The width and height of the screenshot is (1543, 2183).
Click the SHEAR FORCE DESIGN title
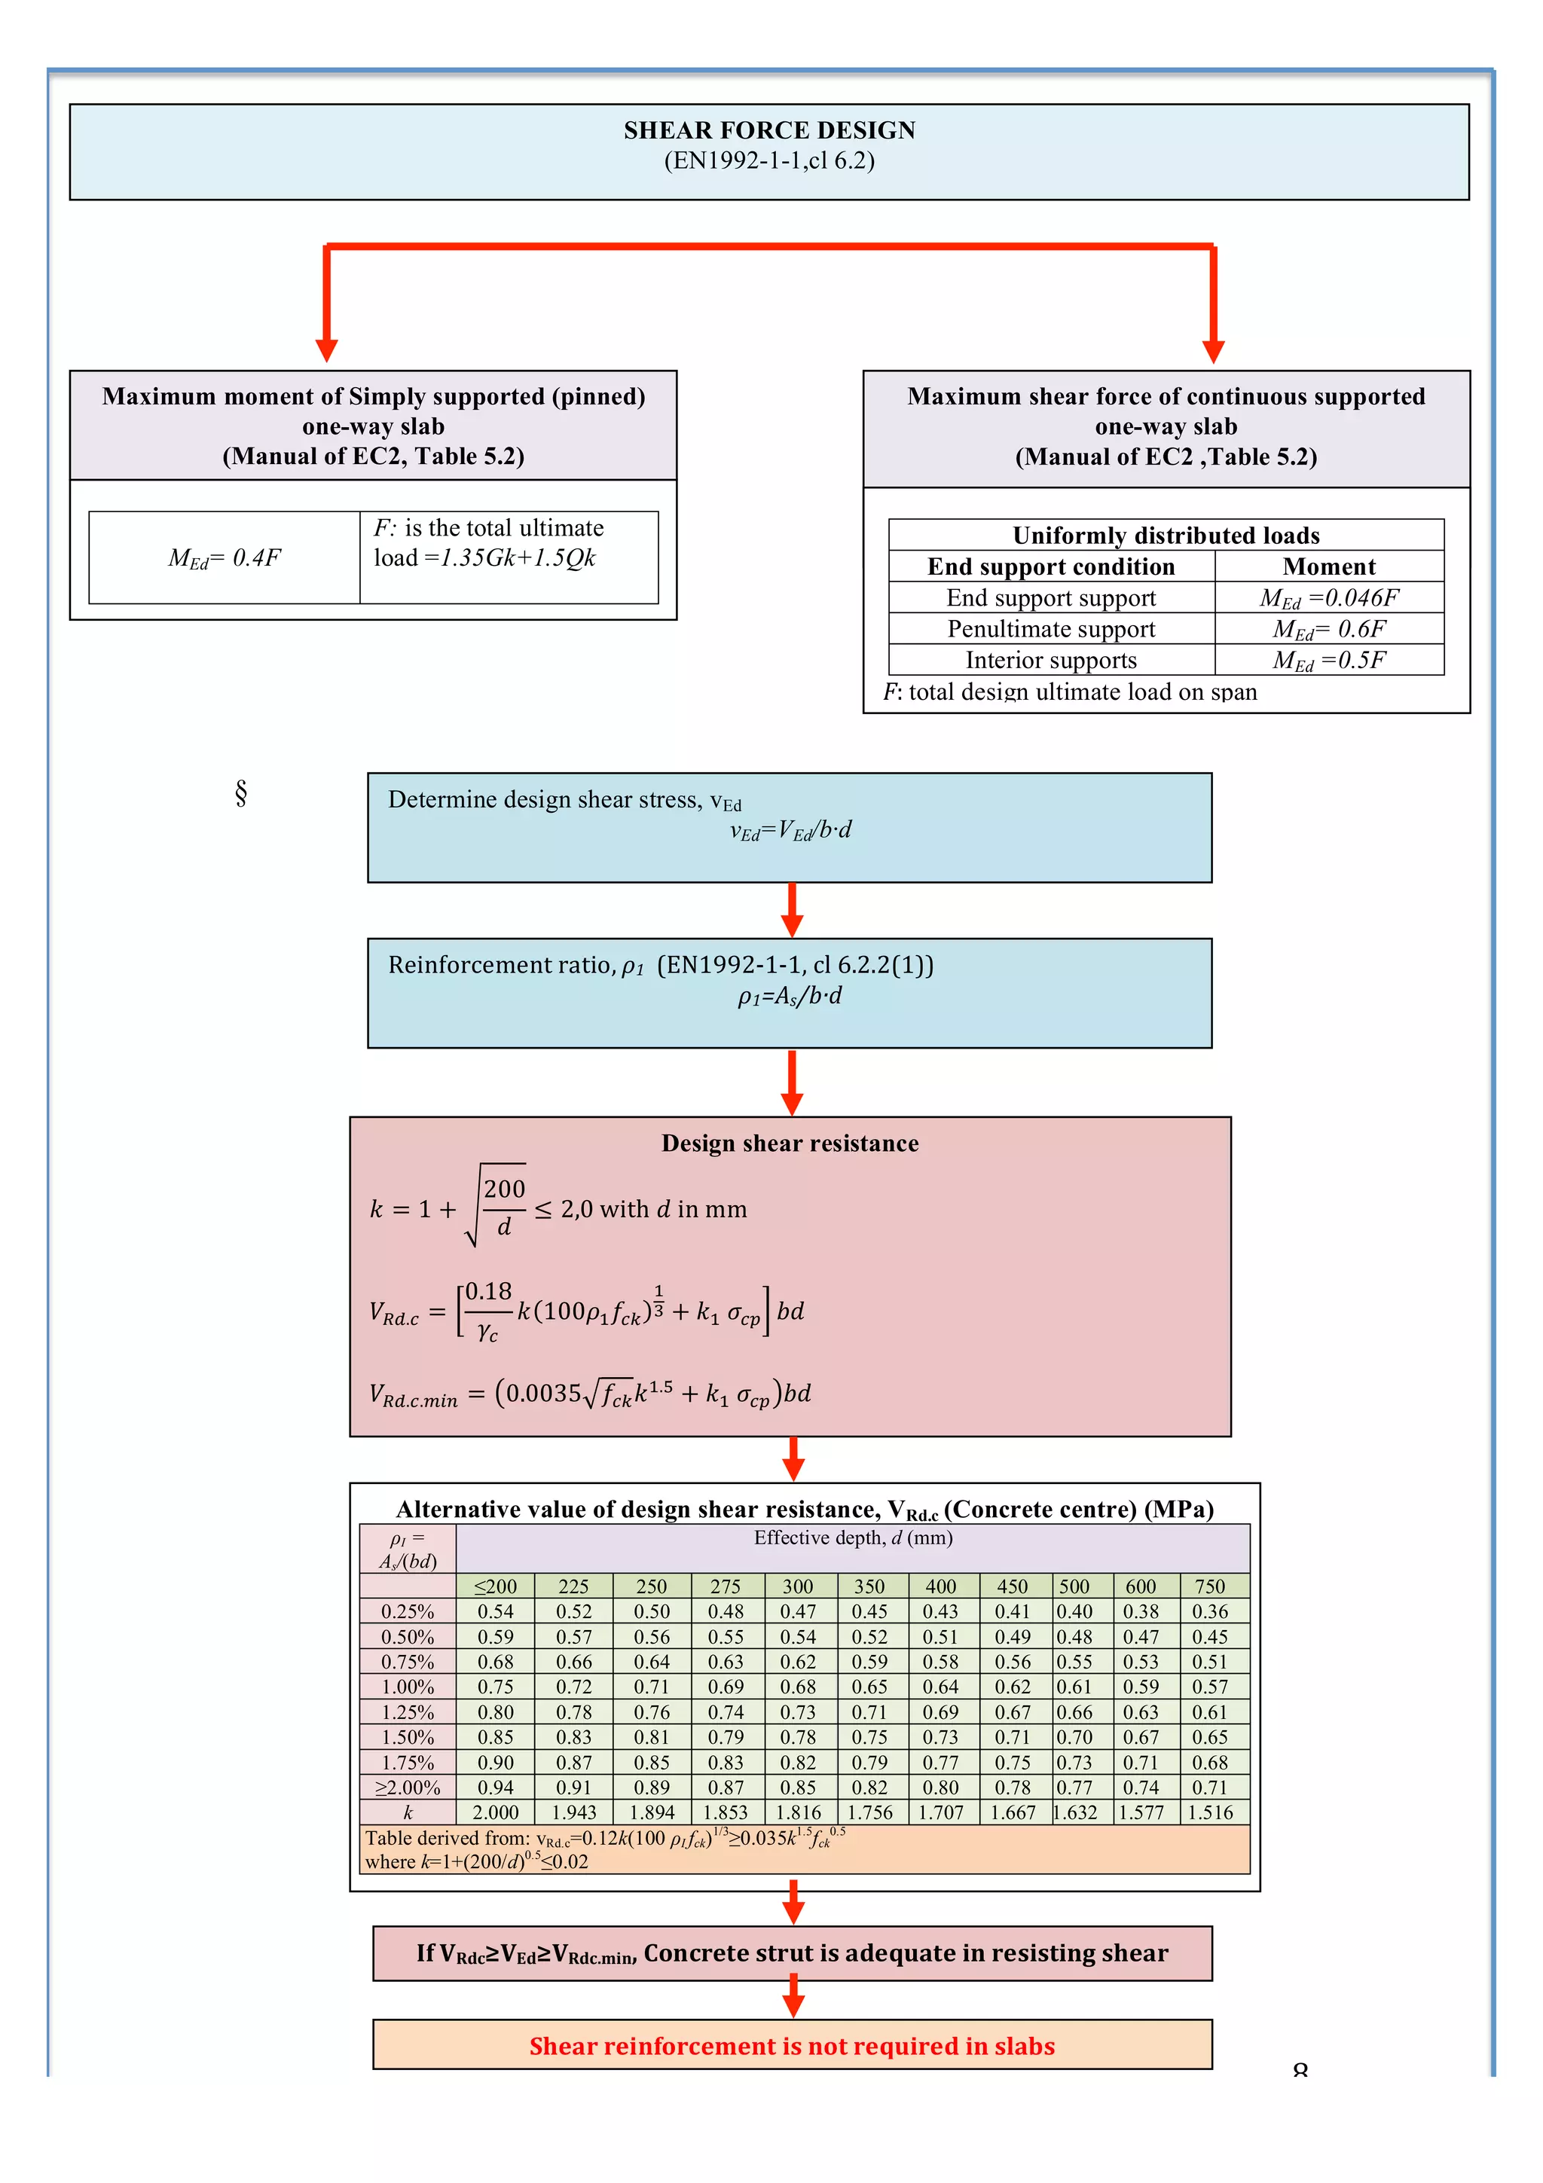769,130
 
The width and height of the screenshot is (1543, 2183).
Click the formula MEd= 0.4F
225,558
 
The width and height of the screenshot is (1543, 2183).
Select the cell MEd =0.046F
1328,598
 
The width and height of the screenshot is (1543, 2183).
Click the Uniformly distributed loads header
1166,536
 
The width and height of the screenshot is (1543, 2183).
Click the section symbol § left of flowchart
240,793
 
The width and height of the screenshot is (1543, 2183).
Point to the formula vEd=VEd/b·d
790,831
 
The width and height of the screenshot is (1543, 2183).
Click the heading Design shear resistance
790,1143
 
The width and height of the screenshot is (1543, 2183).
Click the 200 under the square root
504,1189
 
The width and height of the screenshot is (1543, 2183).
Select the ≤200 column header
495,1587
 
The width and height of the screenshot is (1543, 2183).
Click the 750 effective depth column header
1209,1587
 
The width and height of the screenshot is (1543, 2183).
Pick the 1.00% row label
408,1687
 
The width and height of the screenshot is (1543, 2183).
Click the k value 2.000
495,1813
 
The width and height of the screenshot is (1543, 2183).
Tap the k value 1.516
1209,1813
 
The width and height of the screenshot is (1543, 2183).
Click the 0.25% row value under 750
1209,1611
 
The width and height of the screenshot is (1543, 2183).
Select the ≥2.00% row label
408,1788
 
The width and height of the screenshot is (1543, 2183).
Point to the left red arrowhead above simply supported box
327,350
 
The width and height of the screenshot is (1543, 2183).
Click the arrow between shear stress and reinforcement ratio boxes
792,911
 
